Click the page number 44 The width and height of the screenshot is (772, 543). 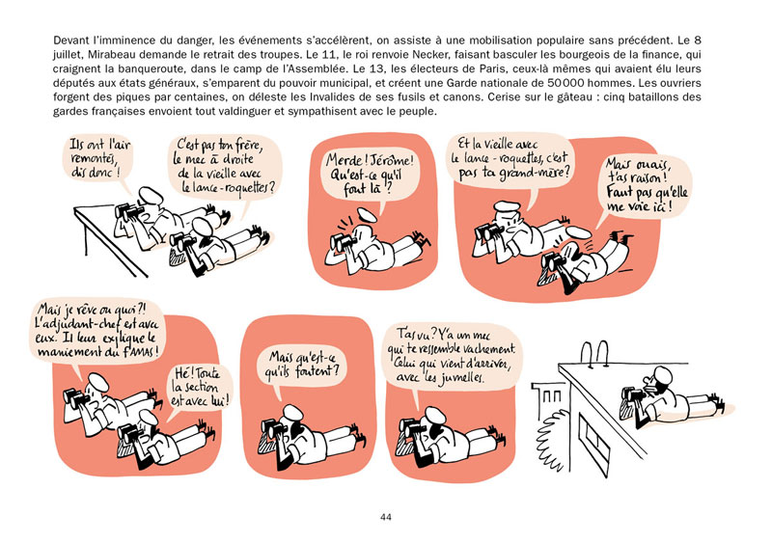pyautogui.click(x=385, y=517)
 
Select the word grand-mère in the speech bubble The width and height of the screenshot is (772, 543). pyautogui.click(x=535, y=173)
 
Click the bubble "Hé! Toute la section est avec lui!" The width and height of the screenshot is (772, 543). pyautogui.click(x=200, y=388)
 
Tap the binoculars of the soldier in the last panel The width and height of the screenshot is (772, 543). pyautogui.click(x=633, y=394)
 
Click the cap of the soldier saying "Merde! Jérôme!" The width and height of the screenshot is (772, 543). pyautogui.click(x=368, y=215)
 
